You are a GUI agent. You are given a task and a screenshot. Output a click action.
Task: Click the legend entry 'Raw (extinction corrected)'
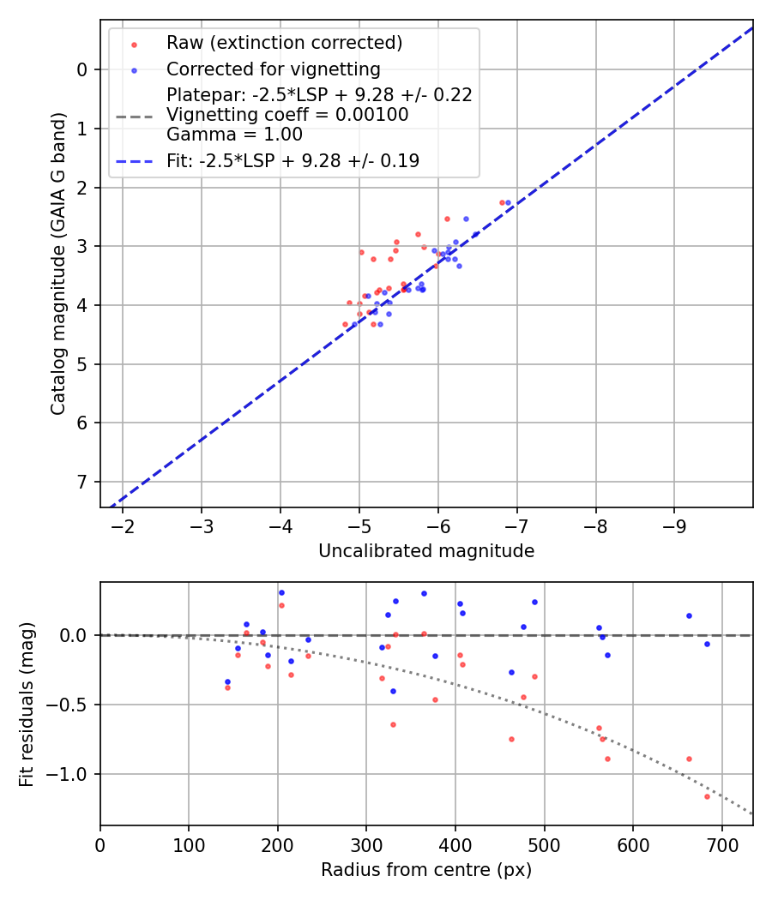(x=284, y=43)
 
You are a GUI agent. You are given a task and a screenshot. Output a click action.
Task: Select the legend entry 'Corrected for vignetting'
(x=273, y=69)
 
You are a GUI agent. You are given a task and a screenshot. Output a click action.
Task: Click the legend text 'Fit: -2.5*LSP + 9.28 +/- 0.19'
(x=293, y=160)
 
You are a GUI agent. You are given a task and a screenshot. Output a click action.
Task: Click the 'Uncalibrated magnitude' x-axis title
(x=426, y=551)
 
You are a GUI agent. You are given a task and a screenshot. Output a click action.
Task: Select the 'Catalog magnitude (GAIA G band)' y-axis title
(x=57, y=267)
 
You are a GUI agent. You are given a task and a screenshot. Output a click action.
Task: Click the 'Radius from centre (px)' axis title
(x=426, y=870)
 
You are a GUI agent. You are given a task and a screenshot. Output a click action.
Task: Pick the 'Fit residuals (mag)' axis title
(x=27, y=704)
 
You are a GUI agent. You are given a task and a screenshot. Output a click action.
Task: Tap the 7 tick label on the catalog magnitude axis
(x=83, y=482)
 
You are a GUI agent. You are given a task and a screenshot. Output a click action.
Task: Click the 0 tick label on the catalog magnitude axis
(x=83, y=69)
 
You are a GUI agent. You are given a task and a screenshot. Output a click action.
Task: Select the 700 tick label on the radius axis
(x=721, y=843)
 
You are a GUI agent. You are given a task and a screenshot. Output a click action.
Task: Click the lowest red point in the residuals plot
(x=707, y=796)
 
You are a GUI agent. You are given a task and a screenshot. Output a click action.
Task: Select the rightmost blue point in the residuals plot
(x=707, y=644)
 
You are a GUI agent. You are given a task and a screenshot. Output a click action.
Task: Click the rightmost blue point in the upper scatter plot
(x=508, y=202)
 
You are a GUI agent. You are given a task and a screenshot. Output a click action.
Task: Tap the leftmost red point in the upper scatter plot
(x=345, y=324)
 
